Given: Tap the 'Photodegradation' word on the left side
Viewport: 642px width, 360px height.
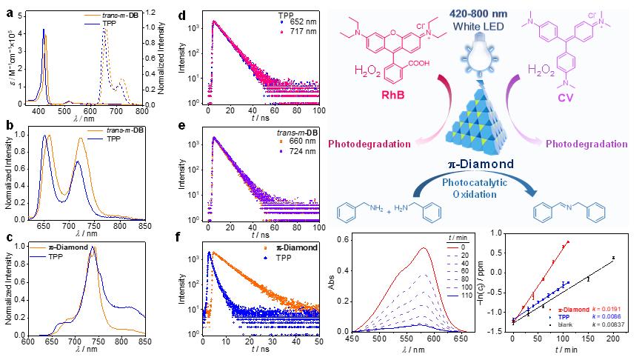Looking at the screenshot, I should pos(361,142).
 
